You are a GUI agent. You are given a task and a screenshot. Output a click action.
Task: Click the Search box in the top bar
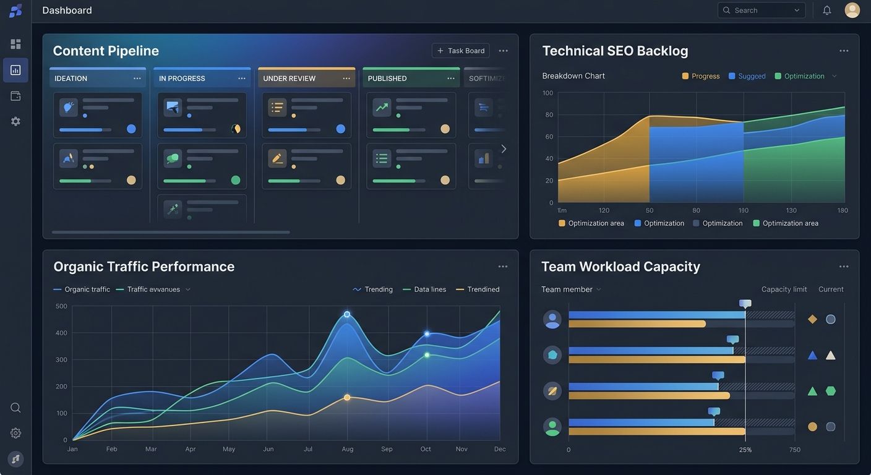761,11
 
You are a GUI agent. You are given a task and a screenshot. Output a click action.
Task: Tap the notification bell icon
827,11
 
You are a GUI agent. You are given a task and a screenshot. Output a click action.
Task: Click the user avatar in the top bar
852,11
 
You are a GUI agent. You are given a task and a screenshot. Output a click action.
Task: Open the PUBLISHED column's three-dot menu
450,79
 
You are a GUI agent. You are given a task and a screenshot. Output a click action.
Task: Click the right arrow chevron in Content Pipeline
504,149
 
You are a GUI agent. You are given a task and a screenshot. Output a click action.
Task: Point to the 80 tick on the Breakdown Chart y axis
549,115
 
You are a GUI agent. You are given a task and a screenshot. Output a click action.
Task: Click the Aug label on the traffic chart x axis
348,449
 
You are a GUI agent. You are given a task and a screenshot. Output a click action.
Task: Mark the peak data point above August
347,314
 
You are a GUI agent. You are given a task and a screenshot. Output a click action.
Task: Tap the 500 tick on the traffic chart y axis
61,306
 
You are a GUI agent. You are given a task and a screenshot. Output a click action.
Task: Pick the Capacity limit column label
784,289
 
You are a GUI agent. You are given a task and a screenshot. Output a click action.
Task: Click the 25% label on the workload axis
745,450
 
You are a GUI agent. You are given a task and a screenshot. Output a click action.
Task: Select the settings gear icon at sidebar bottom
15,433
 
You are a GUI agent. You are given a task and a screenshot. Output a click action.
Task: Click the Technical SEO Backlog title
615,51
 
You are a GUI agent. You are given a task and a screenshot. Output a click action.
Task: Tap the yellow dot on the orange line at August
347,398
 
